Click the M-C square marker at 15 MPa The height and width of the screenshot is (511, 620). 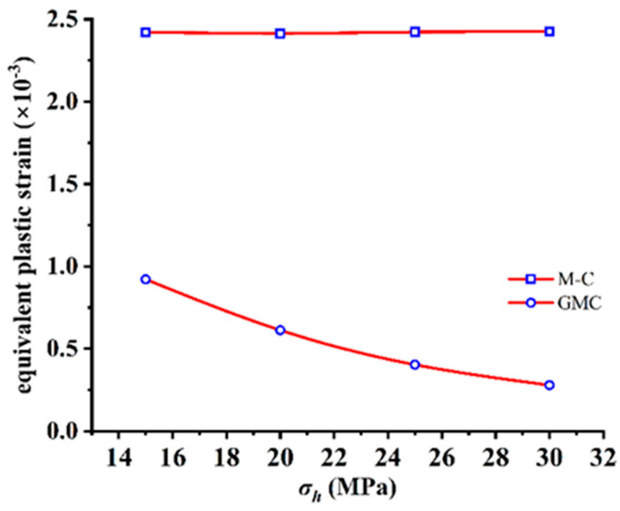[x=146, y=32]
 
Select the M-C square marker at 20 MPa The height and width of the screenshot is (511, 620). [x=280, y=34]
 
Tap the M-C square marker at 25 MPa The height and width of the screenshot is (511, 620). [x=415, y=32]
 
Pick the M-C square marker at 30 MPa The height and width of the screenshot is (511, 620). [x=549, y=32]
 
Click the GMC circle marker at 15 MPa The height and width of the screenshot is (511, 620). [x=146, y=279]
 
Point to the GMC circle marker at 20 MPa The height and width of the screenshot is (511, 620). [x=280, y=330]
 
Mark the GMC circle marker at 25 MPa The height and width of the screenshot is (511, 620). [x=415, y=364]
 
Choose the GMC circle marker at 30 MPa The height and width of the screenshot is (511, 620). [x=549, y=385]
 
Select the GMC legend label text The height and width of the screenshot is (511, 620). [x=579, y=303]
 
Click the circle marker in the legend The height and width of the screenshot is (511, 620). [x=530, y=303]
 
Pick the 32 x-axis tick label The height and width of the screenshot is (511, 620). [x=603, y=458]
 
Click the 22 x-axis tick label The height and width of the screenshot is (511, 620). [x=334, y=458]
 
